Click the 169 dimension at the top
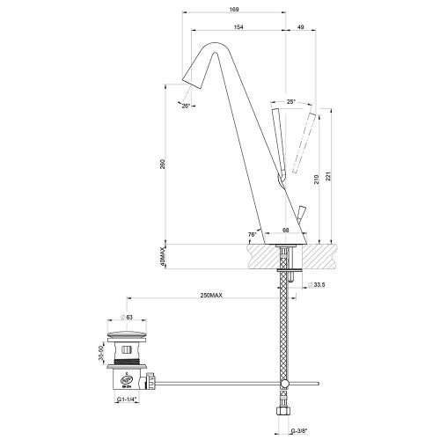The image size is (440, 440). (x=232, y=10)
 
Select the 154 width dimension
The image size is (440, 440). (x=238, y=27)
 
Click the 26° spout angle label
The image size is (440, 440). (x=185, y=106)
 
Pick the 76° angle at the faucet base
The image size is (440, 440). (x=252, y=234)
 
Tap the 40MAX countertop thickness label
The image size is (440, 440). (x=163, y=258)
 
